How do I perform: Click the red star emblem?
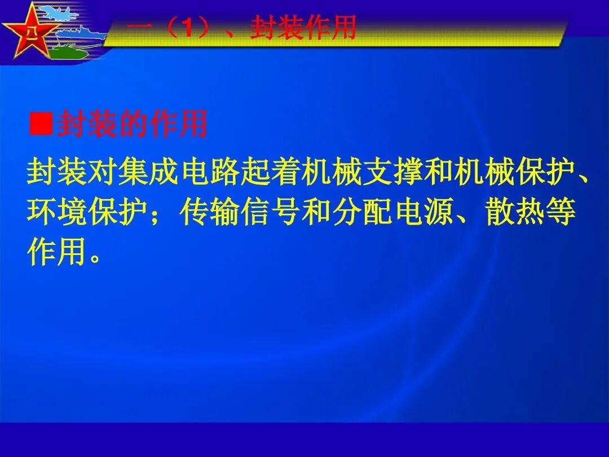[x=28, y=34]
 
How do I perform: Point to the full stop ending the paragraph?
[x=96, y=257]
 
